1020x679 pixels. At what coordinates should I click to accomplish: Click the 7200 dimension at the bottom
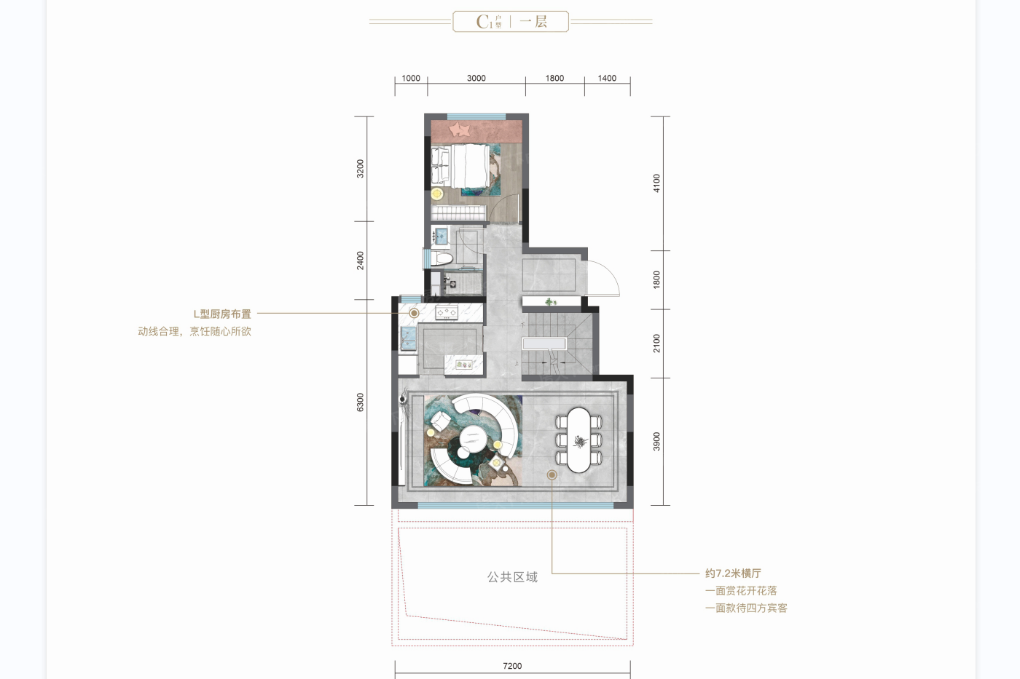point(512,666)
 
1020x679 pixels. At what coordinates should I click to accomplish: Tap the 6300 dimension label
point(360,402)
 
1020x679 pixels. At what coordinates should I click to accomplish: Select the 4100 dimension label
point(656,183)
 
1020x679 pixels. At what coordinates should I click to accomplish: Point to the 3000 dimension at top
point(476,78)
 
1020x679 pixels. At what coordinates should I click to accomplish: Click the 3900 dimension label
point(656,442)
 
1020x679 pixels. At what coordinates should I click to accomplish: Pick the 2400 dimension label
point(360,261)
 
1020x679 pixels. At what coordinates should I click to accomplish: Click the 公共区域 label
point(512,577)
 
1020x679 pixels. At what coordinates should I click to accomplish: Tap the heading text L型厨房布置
point(222,314)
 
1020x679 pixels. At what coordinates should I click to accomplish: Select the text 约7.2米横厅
point(733,573)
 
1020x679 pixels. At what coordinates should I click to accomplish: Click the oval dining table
point(578,440)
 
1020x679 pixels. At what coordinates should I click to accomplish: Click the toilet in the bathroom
point(442,259)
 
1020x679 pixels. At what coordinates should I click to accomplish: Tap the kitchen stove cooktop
point(446,312)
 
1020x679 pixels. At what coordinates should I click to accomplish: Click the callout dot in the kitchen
point(414,314)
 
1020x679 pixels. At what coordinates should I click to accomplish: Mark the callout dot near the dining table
point(552,474)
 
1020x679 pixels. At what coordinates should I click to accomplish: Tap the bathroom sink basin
point(441,237)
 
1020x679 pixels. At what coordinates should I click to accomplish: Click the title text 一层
point(533,21)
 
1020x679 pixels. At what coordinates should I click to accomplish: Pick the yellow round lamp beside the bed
point(437,194)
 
